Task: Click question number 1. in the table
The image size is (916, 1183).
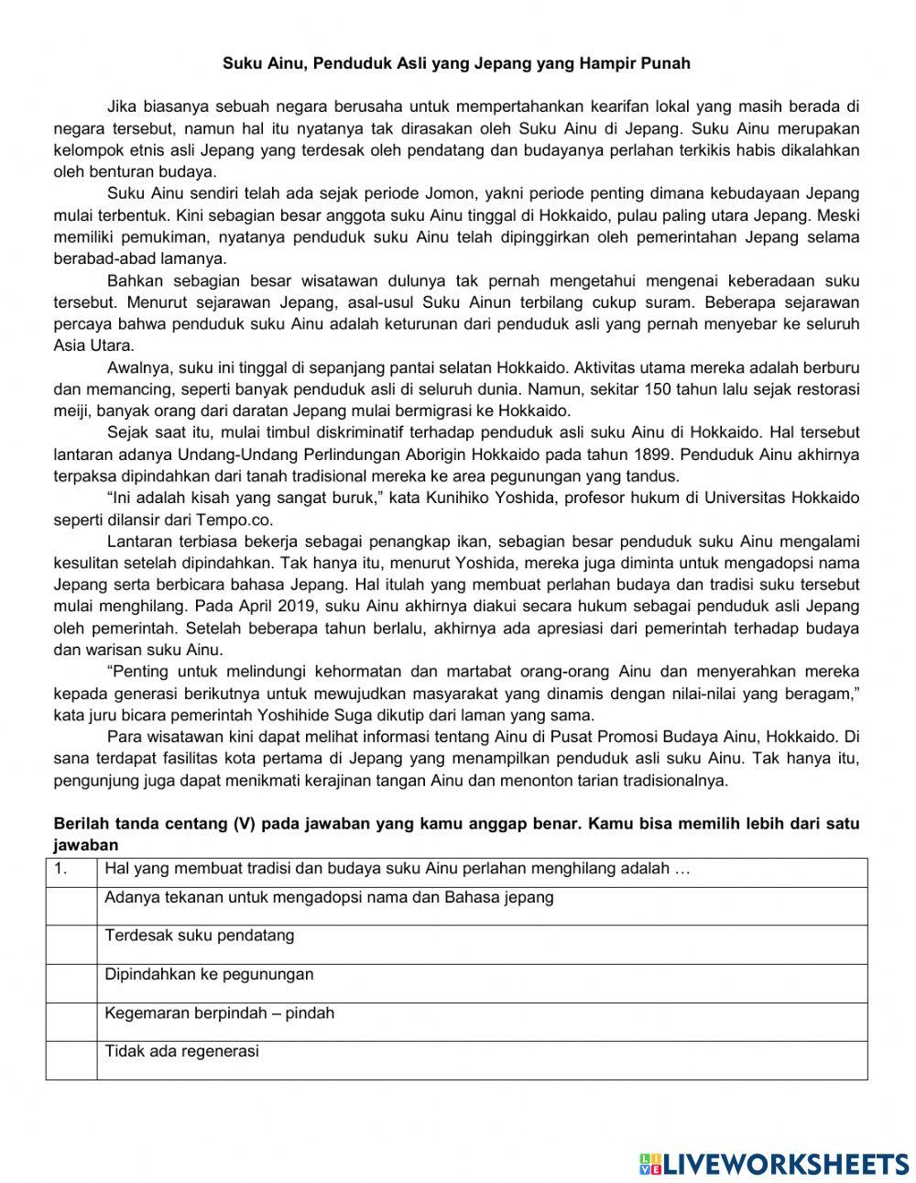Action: click(61, 869)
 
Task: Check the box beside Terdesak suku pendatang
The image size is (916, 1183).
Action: click(71, 944)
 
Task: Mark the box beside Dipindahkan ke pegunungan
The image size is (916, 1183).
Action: click(71, 982)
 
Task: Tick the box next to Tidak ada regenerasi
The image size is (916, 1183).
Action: click(71, 1059)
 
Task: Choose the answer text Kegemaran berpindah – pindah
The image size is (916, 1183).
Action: click(219, 1013)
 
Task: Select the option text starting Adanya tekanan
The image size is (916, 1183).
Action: click(329, 897)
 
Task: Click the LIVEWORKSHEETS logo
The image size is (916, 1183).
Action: click(774, 1163)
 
